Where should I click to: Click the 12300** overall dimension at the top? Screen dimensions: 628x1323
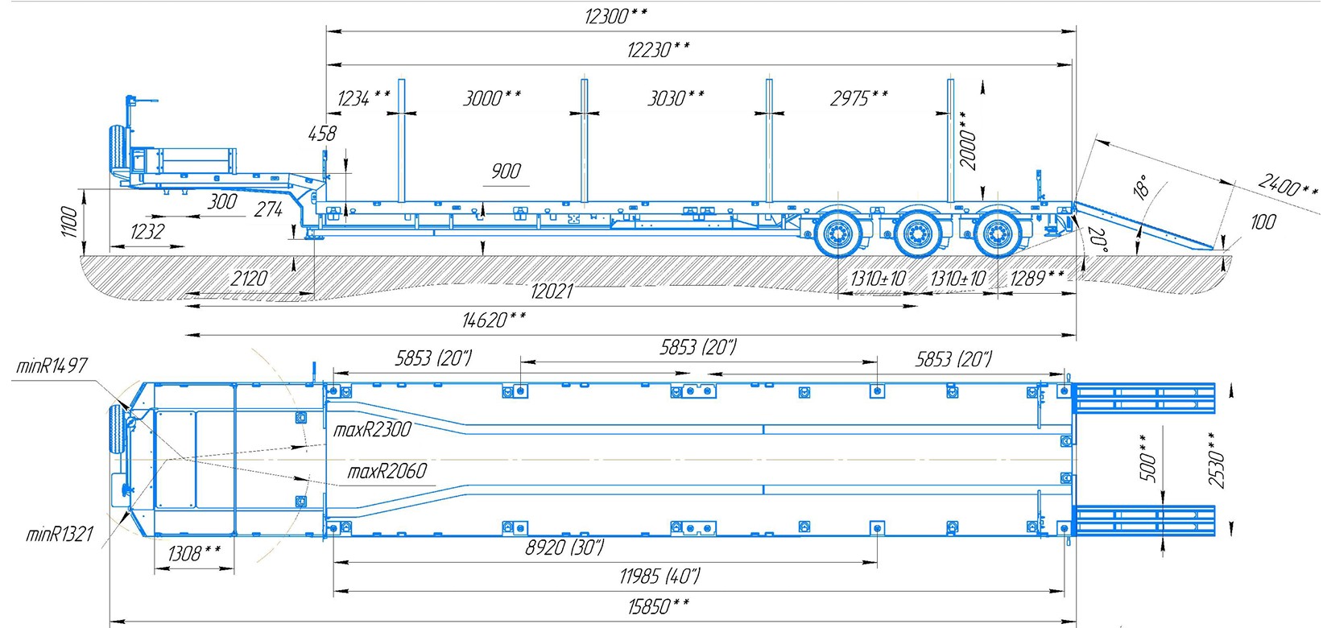point(616,15)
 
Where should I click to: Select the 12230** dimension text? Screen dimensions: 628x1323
point(658,50)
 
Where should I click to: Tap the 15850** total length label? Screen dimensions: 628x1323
point(658,605)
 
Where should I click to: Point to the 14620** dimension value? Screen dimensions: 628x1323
point(494,320)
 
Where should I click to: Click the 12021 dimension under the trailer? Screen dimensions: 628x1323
point(552,291)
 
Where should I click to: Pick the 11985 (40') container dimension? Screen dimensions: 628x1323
point(659,576)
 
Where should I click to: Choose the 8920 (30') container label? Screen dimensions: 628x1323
point(564,547)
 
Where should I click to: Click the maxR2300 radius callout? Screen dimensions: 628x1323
point(372,429)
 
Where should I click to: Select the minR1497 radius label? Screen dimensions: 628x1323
point(52,366)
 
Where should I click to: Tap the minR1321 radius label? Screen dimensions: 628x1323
point(60,533)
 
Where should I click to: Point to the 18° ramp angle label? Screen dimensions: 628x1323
point(1141,187)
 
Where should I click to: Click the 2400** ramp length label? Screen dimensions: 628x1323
point(1287,186)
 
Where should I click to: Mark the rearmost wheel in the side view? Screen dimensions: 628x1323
point(999,234)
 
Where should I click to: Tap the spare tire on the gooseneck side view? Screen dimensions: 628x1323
point(118,153)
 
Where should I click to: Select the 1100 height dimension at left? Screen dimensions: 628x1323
point(68,221)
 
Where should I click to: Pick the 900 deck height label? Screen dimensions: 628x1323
point(506,171)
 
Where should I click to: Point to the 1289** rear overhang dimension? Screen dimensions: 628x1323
point(1036,278)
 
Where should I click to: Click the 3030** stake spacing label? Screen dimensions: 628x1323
point(676,98)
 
